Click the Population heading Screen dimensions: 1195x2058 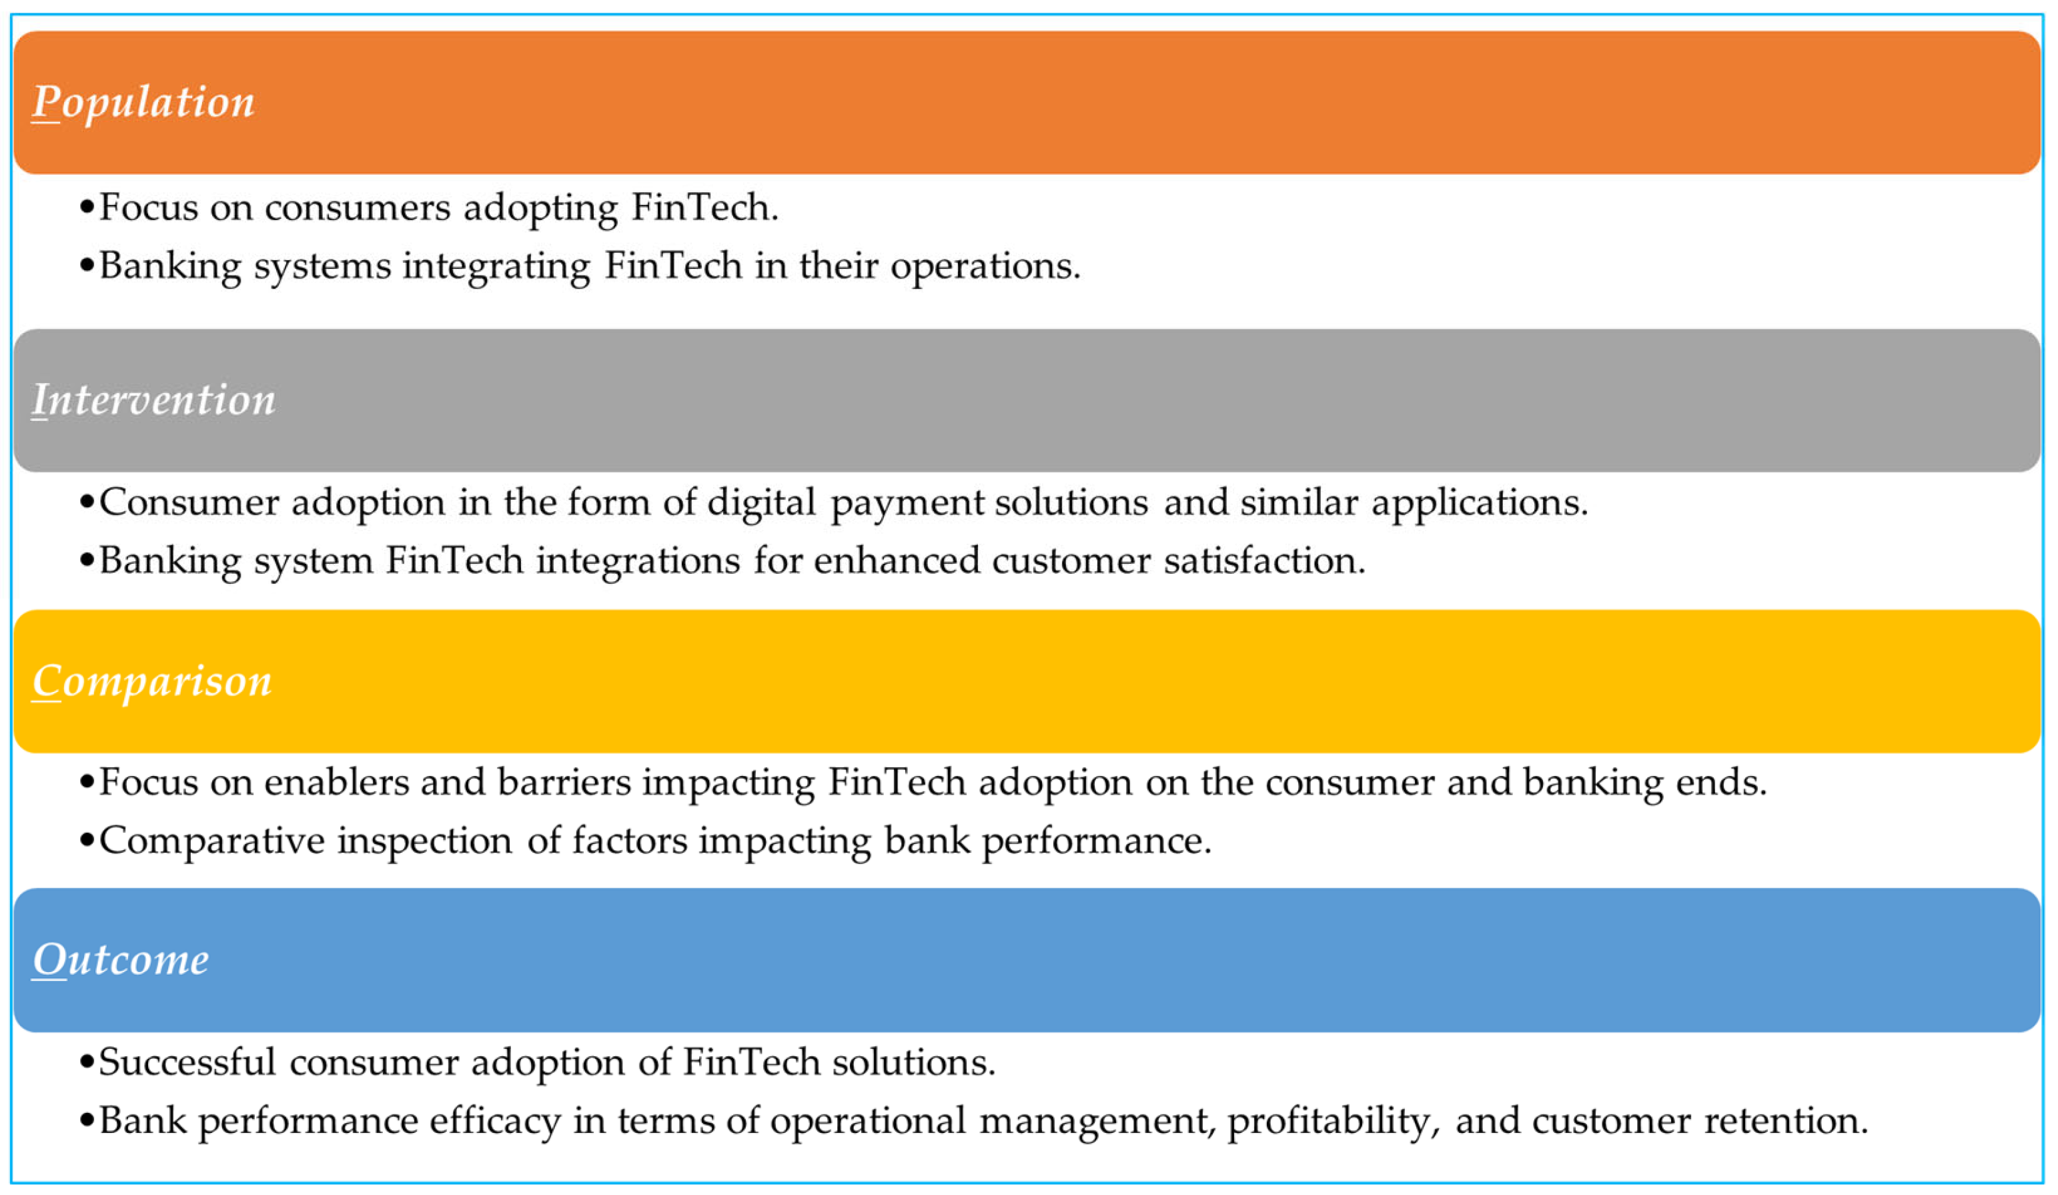point(143,103)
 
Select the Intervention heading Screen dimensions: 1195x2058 point(153,400)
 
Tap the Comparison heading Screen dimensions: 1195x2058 point(152,681)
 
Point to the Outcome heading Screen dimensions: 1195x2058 point(121,959)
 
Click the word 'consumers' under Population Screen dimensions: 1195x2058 point(357,208)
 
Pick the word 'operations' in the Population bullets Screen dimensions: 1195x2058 point(984,266)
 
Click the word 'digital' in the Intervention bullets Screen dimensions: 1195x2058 point(761,502)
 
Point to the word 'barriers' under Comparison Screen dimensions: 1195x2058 point(564,783)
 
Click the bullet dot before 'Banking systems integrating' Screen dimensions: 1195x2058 point(87,266)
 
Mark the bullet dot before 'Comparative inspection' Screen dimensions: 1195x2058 point(87,841)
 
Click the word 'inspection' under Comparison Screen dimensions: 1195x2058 point(425,841)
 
